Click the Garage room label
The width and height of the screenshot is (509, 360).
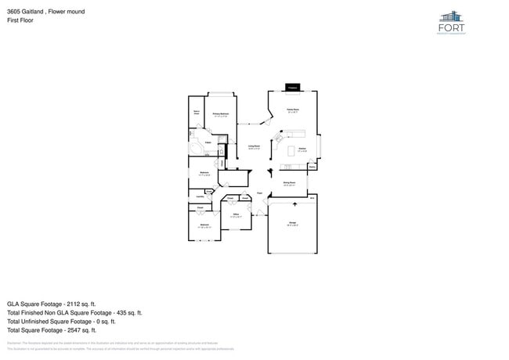(292, 224)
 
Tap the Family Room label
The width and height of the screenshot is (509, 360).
(292, 110)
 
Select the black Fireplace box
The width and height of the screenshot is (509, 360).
(292, 87)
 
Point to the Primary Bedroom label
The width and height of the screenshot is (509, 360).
(220, 114)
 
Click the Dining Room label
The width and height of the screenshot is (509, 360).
(289, 183)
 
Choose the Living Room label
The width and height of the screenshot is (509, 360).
(254, 146)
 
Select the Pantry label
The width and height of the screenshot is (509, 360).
(312, 166)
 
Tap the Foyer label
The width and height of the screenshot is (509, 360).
(259, 193)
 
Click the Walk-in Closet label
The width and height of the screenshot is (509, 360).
(197, 113)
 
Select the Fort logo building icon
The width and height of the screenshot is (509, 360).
(452, 17)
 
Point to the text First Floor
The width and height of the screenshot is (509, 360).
(20, 21)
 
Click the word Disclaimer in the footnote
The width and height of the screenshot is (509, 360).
(14, 343)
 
